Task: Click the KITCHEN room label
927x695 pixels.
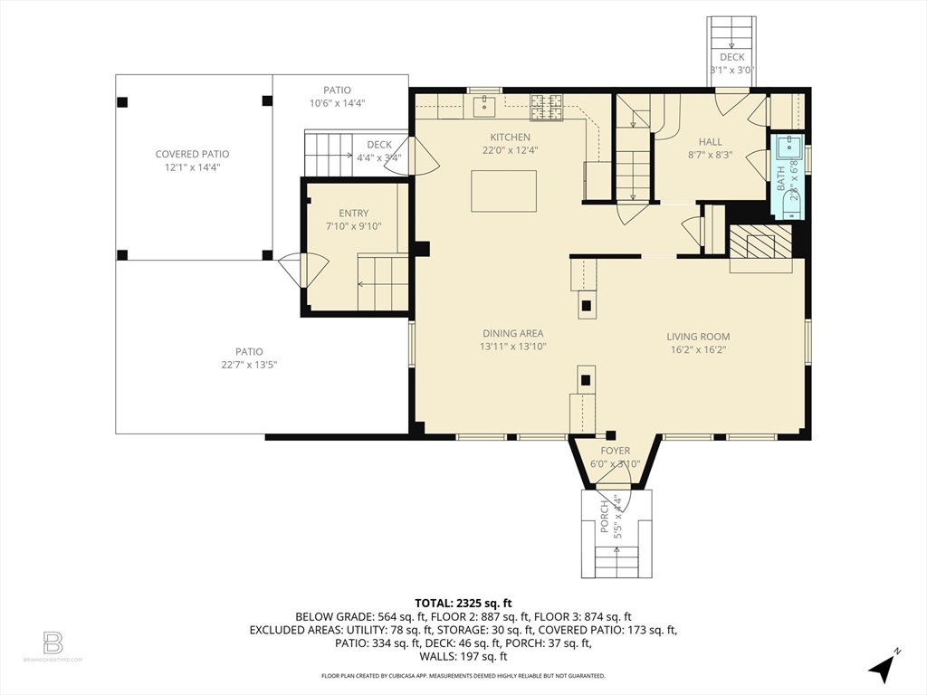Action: [511, 137]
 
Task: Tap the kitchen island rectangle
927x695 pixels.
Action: [503, 191]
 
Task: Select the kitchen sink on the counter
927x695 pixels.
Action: [484, 108]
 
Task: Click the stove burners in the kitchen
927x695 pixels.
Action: [546, 107]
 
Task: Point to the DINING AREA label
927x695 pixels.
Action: [512, 333]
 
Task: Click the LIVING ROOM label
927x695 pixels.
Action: [699, 337]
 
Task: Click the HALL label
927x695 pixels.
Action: [710, 141]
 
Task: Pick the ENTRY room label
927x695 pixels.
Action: [353, 214]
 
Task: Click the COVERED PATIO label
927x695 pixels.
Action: [192, 155]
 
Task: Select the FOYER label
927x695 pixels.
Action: [615, 451]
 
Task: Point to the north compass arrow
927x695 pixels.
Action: [882, 668]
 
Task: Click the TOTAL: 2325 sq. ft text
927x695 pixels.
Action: [463, 603]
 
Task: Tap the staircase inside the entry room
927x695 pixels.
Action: [384, 282]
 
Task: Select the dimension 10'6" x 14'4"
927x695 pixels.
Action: [337, 103]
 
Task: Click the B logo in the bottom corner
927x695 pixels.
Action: [53, 643]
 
